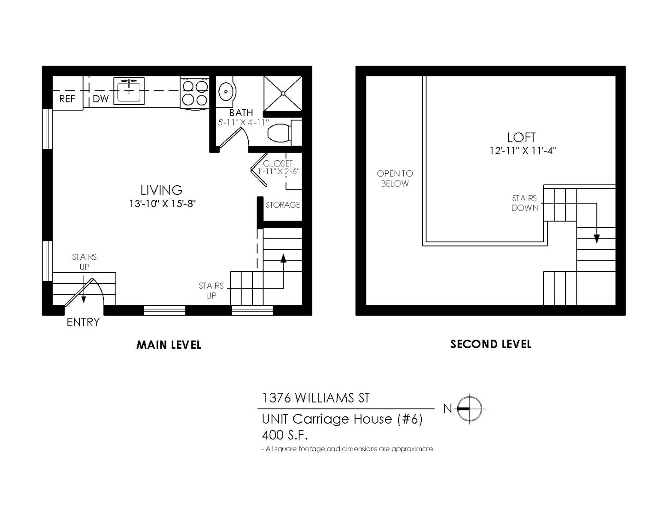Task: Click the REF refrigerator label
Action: [x=67, y=99]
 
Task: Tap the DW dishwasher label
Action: [x=101, y=99]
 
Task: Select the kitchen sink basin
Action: [x=129, y=91]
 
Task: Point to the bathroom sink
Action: [x=225, y=91]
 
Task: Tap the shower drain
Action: [x=283, y=93]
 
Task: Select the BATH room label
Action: [x=241, y=113]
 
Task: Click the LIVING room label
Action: [x=161, y=190]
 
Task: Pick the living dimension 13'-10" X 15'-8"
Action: [x=162, y=204]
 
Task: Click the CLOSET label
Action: [x=278, y=163]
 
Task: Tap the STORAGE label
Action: [x=282, y=205]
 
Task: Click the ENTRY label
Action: [x=83, y=322]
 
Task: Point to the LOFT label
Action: [x=521, y=137]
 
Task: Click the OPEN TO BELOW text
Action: [x=395, y=178]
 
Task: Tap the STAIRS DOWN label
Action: [x=524, y=203]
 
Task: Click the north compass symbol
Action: [x=469, y=409]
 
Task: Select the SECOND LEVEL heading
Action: [x=491, y=344]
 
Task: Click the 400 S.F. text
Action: [x=285, y=435]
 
